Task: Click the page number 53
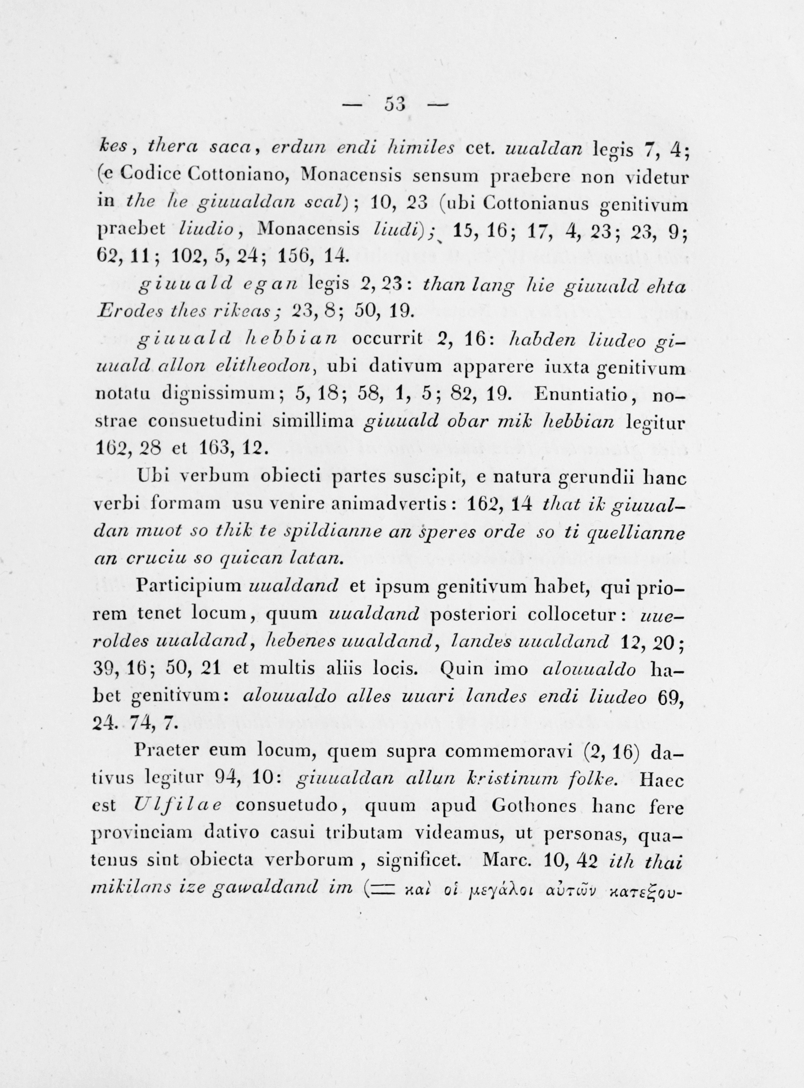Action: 395,104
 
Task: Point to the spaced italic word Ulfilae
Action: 177,806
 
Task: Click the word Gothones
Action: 534,806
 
